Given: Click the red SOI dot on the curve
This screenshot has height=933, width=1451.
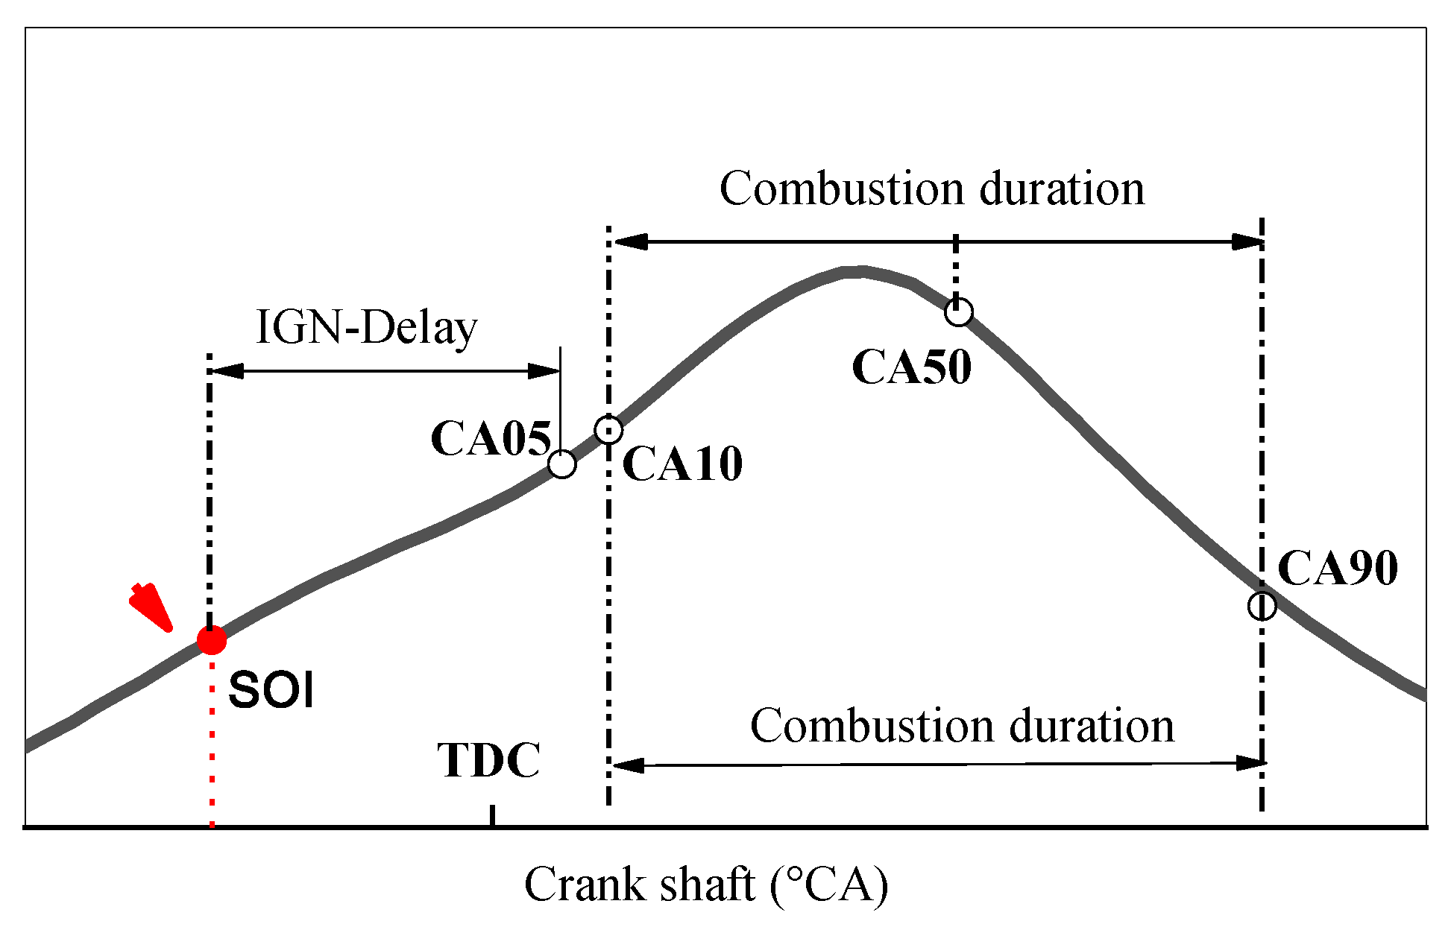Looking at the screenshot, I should coord(212,640).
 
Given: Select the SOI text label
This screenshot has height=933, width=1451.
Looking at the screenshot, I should coord(271,689).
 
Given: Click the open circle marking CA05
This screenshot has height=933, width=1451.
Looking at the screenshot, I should coord(562,464).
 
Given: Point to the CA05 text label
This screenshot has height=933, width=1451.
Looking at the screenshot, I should coord(491,438).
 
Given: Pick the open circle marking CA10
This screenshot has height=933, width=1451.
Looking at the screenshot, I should coord(609,429).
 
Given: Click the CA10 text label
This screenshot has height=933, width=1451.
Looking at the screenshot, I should coord(682,464).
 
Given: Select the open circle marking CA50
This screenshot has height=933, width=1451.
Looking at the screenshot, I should coord(959,311).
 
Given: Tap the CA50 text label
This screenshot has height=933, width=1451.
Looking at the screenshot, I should coord(911,367).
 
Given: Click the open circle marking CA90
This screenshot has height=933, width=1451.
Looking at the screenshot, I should coord(1262,605).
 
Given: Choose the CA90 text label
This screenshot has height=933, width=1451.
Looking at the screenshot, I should coord(1338,569).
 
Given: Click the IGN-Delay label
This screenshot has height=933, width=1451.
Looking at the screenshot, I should coord(366,327).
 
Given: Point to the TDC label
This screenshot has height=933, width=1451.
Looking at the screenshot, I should coord(489,761).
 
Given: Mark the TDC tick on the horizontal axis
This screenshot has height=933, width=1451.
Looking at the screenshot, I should coord(492,816).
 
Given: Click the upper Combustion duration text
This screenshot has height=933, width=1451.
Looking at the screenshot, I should coord(932,189).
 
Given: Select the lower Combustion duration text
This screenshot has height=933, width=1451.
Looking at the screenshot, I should coord(962,726).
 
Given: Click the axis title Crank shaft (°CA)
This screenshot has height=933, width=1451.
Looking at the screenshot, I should coord(706,885).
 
